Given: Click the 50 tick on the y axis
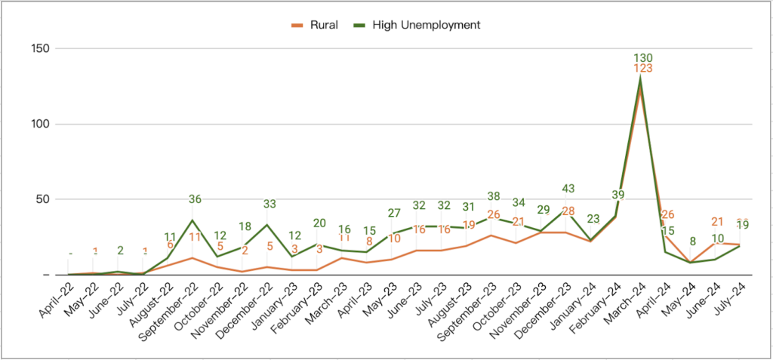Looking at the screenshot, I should pyautogui.click(x=41, y=199).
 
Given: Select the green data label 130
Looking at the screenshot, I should pyautogui.click(x=642, y=58).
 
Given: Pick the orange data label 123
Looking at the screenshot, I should pyautogui.click(x=642, y=69).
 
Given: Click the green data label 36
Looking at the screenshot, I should pyautogui.click(x=194, y=200).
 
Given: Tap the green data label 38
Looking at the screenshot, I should pyautogui.click(x=493, y=196).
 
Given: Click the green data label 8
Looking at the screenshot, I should pyautogui.click(x=691, y=242).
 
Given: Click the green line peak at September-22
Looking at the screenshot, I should pyautogui.click(x=193, y=220).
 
